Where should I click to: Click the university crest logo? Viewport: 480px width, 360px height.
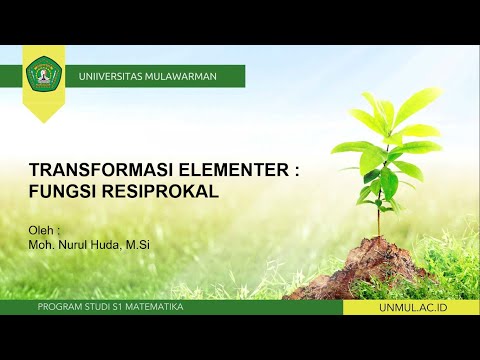[x=43, y=73]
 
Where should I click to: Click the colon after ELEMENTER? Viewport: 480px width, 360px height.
[x=297, y=171]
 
